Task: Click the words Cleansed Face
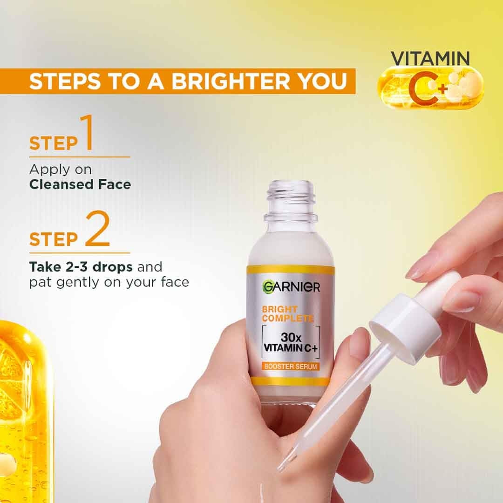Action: point(80,184)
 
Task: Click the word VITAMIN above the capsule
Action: point(429,59)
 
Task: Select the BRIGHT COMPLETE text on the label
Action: point(287,314)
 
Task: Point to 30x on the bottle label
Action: point(290,337)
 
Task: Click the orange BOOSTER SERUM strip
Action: point(290,366)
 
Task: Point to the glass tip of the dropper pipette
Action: point(285,461)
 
